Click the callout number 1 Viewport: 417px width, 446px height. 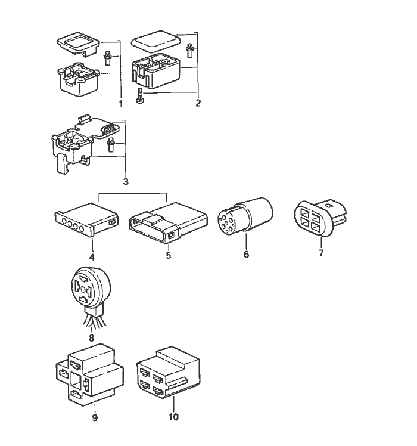[120, 104]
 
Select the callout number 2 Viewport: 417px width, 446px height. [198, 103]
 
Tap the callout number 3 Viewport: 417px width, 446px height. [126, 181]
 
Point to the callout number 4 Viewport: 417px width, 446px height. [92, 257]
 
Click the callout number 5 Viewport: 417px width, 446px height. [169, 256]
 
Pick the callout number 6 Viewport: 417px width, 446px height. [246, 255]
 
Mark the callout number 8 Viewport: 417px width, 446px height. [91, 337]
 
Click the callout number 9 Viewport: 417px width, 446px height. [95, 417]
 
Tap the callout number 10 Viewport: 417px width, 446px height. [174, 417]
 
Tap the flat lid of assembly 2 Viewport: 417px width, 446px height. [156, 42]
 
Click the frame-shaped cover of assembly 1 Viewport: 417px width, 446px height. [77, 44]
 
